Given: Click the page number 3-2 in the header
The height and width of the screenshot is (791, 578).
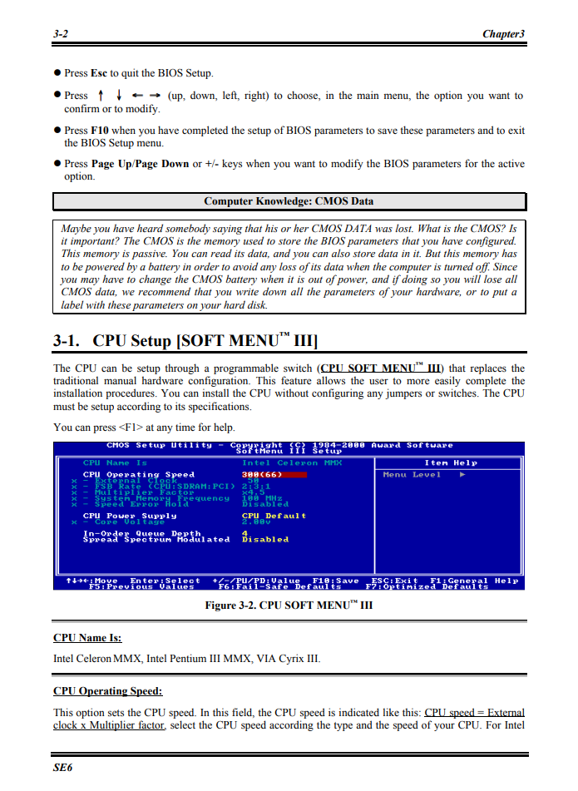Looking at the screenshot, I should tap(60, 34).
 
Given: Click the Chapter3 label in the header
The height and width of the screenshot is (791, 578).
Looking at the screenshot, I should tap(503, 34).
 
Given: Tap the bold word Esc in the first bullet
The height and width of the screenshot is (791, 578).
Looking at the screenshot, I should tap(99, 73).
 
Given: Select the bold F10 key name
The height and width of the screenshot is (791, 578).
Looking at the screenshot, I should tap(99, 131).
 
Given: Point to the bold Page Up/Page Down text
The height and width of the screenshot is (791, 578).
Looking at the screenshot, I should tap(140, 164).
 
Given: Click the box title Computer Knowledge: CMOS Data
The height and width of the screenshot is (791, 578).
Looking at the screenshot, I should tap(289, 201).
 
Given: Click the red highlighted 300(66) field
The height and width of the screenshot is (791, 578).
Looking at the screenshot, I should tap(274, 475).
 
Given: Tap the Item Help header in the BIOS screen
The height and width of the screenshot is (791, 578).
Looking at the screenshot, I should tap(451, 462).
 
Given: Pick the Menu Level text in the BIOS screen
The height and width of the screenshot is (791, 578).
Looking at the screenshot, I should tap(412, 475).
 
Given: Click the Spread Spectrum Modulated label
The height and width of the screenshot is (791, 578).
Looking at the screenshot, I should tap(156, 540).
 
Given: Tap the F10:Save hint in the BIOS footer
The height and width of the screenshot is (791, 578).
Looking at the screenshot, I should tap(335, 581).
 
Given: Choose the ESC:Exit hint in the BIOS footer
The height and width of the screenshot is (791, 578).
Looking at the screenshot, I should tap(394, 581).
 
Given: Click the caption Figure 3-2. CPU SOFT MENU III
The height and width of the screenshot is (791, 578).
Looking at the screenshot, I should tap(289, 606).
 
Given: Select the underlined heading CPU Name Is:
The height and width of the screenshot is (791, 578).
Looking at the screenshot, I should tap(87, 638).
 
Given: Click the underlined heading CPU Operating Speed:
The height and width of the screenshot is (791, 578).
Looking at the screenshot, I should tap(107, 691).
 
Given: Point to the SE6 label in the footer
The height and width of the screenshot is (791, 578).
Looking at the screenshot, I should tap(62, 767).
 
